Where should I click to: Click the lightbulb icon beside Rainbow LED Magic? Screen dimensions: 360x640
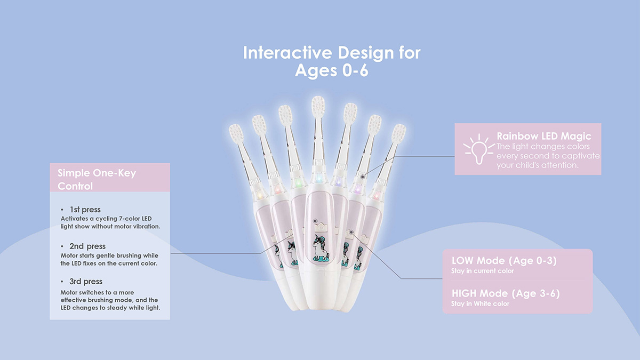pyautogui.click(x=474, y=149)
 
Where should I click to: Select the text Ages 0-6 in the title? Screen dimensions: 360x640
pyautogui.click(x=331, y=71)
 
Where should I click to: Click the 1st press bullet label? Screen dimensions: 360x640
pyautogui.click(x=85, y=210)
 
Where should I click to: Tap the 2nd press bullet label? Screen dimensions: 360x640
pyautogui.click(x=87, y=246)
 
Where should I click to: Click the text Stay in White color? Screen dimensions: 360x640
pyautogui.click(x=480, y=304)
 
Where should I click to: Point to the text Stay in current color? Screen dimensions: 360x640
pyautogui.click(x=483, y=271)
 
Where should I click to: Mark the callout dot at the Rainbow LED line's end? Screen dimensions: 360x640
pyautogui.click(x=363, y=176)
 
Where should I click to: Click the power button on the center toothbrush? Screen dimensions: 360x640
pyautogui.click(x=318, y=222)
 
